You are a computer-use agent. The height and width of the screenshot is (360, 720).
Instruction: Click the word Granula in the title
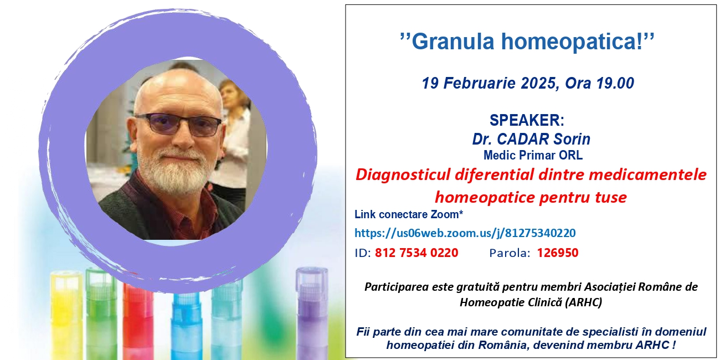[x=453, y=42]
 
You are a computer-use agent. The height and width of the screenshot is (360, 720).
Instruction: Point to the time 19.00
[x=615, y=83]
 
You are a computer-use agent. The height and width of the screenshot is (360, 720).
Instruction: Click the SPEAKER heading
[x=527, y=120]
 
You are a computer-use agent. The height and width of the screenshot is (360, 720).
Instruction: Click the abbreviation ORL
[x=570, y=156]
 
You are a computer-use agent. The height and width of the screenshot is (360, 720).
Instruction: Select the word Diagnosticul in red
[x=403, y=175]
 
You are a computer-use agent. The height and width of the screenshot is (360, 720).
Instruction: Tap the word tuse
[x=611, y=197]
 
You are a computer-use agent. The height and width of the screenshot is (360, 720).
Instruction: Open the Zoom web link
[x=465, y=233]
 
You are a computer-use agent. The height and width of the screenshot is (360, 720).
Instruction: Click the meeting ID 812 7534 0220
[x=416, y=253]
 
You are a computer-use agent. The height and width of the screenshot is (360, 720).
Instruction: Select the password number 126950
[x=558, y=253]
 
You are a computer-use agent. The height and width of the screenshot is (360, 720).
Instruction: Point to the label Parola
[x=510, y=253]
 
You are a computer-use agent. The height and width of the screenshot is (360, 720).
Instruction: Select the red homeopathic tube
[x=138, y=321]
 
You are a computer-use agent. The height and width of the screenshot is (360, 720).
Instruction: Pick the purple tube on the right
[x=311, y=313]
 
